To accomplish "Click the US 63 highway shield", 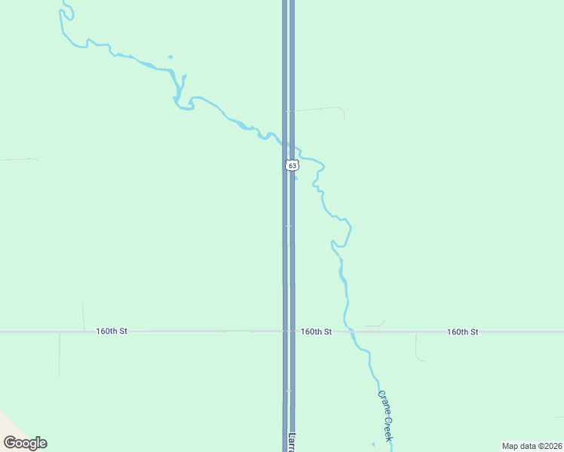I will (x=292, y=165).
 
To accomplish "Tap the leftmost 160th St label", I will (x=112, y=331).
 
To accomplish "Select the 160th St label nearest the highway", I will (x=316, y=331).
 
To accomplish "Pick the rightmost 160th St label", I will (x=462, y=331).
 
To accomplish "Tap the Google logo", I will (x=25, y=443).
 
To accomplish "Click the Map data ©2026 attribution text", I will (x=532, y=445).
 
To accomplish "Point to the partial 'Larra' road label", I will (x=291, y=441).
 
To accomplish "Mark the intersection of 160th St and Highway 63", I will (x=289, y=331).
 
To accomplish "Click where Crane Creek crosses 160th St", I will (x=350, y=331).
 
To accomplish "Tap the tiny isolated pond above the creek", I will (x=170, y=56).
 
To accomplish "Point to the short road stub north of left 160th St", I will (x=83, y=317).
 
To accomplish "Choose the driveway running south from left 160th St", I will (x=59, y=354).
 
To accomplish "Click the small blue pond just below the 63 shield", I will (x=296, y=178).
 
